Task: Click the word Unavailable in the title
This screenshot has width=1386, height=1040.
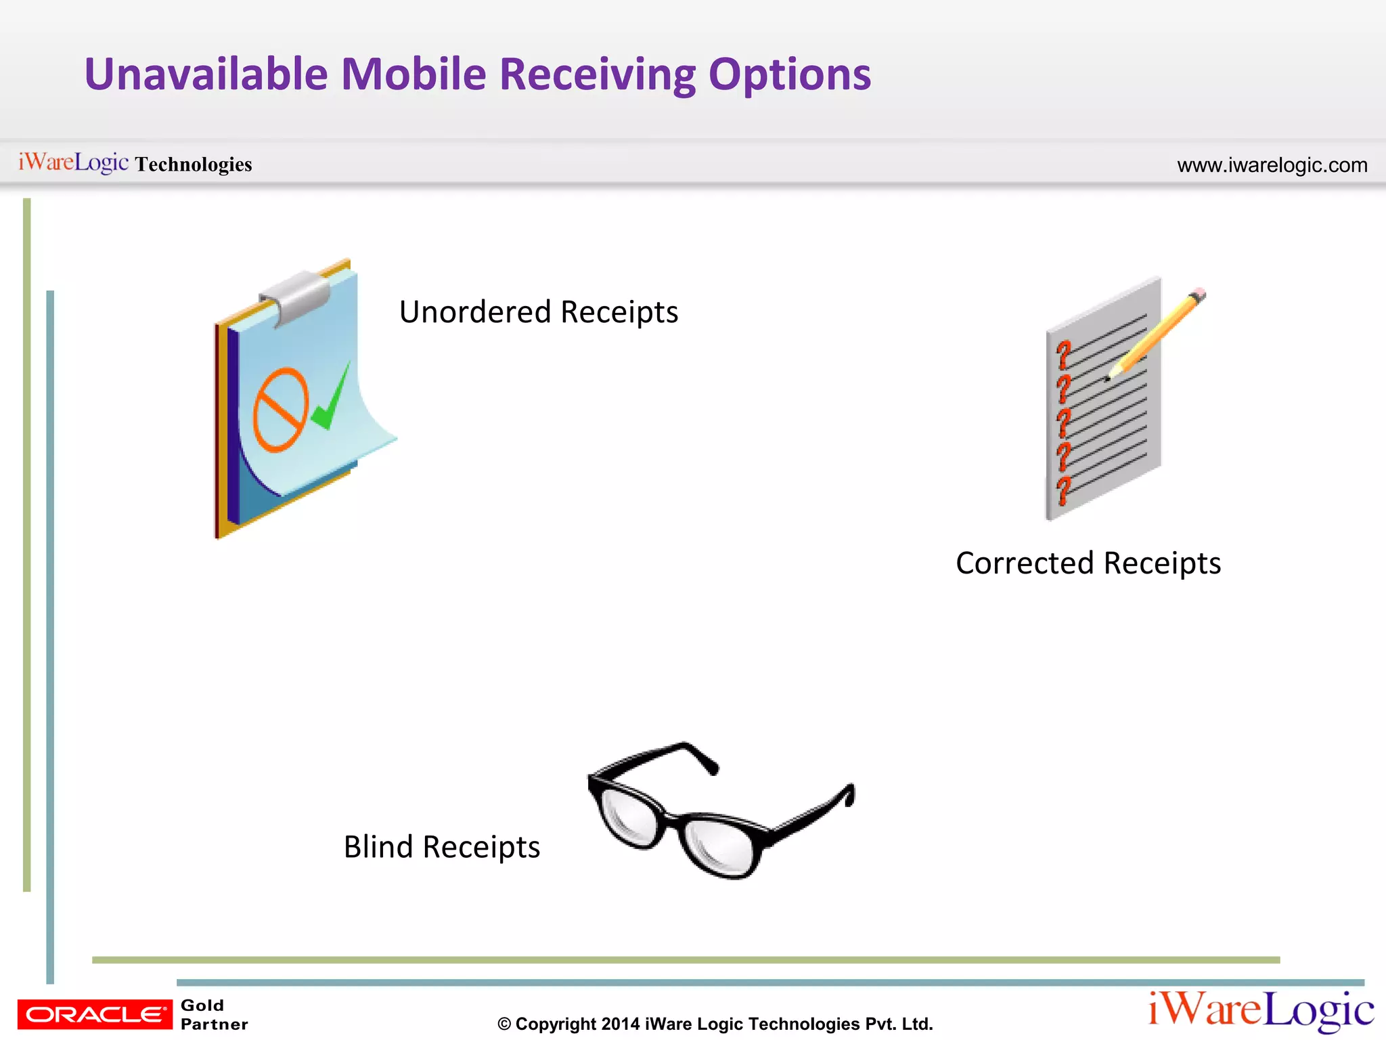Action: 206,74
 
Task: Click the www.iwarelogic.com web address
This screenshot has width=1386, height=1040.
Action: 1272,165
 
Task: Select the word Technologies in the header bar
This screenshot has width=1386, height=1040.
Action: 194,165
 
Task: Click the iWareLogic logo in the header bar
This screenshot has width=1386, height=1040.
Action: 73,162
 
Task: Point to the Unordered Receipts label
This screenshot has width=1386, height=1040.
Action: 538,312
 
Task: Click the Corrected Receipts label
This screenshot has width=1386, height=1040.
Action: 1088,563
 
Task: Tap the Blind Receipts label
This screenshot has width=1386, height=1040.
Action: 441,847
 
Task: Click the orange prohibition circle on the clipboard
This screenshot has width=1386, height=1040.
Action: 280,410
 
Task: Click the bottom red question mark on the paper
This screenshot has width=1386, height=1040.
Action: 1064,490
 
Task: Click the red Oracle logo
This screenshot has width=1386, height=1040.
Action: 95,1014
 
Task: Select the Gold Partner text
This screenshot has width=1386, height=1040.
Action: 213,1014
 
